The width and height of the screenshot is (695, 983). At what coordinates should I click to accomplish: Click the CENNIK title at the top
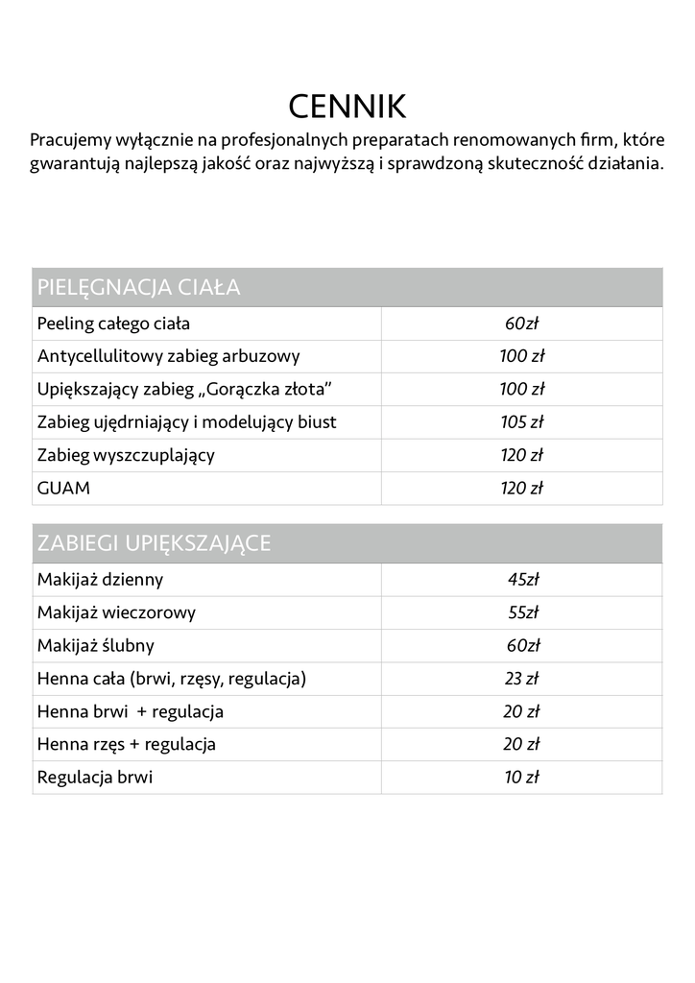point(347,106)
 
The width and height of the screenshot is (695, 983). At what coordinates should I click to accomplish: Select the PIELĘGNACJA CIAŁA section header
point(138,287)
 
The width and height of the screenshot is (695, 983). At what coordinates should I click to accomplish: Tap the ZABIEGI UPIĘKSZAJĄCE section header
point(154,543)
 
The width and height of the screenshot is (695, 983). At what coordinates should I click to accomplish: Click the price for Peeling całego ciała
point(522,324)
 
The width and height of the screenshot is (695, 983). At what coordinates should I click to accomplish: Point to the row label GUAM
point(63,488)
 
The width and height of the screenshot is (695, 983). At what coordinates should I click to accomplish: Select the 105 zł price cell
point(522,422)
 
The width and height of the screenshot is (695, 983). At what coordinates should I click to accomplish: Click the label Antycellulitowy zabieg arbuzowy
point(169,356)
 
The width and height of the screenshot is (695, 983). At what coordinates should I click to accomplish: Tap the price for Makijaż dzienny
point(522,580)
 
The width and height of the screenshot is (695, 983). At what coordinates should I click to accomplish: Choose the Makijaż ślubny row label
point(96,645)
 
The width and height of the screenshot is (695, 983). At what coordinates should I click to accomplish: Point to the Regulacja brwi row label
point(95,778)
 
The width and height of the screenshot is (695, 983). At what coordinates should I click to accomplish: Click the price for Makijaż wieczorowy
point(522,612)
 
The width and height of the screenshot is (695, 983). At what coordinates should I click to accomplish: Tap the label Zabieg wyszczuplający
point(126,455)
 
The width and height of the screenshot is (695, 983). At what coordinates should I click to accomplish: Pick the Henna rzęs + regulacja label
point(127,744)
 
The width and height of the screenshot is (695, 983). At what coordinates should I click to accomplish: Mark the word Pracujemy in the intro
point(70,140)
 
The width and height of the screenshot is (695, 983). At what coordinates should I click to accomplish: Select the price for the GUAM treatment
point(522,488)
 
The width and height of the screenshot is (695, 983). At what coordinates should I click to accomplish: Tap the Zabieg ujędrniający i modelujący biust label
point(187,422)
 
